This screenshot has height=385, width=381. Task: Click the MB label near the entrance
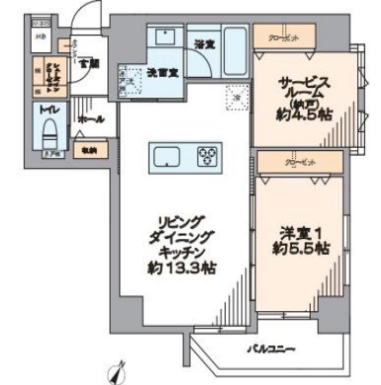point(40,38)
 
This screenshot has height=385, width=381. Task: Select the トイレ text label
point(46,112)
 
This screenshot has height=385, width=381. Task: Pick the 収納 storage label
point(89,151)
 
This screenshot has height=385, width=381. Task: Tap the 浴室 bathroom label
point(203,43)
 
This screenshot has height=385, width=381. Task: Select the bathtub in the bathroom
point(234,43)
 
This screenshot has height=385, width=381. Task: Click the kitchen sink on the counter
point(167,156)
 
